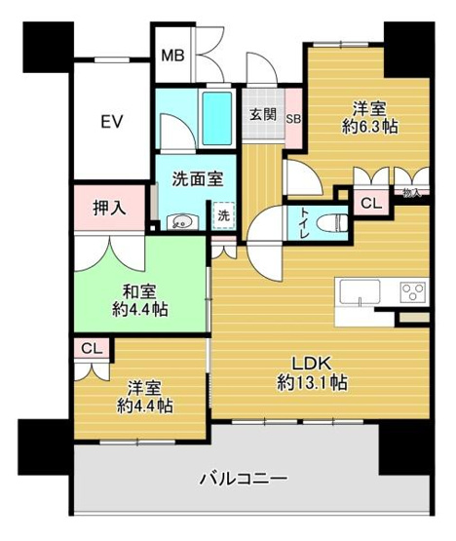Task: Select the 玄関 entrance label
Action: pos(262,115)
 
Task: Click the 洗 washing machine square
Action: pos(223,215)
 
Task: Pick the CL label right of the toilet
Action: pos(369,204)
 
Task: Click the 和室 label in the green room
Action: pos(143,291)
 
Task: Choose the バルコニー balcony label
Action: pos(243,479)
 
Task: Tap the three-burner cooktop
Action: pos(412,291)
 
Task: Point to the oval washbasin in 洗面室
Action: pos(180,221)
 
